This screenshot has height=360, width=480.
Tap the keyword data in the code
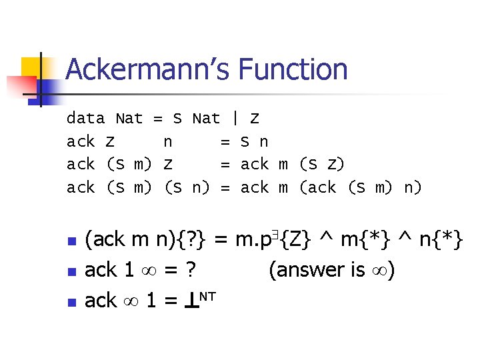pyautogui.click(x=85, y=119)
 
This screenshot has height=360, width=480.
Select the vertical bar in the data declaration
pyautogui.click(x=235, y=119)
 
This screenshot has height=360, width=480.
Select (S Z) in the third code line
pyautogui.click(x=322, y=164)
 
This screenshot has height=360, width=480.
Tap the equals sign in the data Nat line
pyautogui.click(x=158, y=119)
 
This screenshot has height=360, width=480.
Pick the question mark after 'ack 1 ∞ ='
pyautogui.click(x=191, y=269)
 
